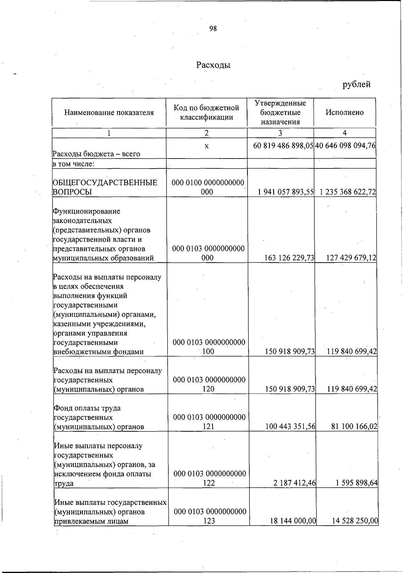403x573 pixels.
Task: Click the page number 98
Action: click(213, 29)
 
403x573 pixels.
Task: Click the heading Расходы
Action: click(213, 65)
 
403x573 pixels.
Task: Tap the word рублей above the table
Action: click(356, 84)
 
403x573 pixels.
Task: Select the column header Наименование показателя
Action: click(109, 113)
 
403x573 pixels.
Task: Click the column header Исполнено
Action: click(345, 113)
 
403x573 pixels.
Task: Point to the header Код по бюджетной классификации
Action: click(206, 112)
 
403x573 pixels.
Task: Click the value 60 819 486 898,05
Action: click(283, 145)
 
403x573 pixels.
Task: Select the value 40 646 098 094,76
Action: click(345, 145)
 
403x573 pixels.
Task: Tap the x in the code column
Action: click(207, 146)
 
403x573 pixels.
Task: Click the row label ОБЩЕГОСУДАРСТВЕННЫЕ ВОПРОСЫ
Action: click(105, 187)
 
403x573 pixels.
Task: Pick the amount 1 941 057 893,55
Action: click(286, 192)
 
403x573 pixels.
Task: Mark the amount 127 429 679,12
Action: click(351, 258)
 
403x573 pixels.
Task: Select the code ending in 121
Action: click(209, 422)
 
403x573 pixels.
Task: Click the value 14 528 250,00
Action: click(355, 521)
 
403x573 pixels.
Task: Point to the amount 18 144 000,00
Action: click(293, 521)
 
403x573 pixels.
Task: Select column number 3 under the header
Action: click(280, 133)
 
